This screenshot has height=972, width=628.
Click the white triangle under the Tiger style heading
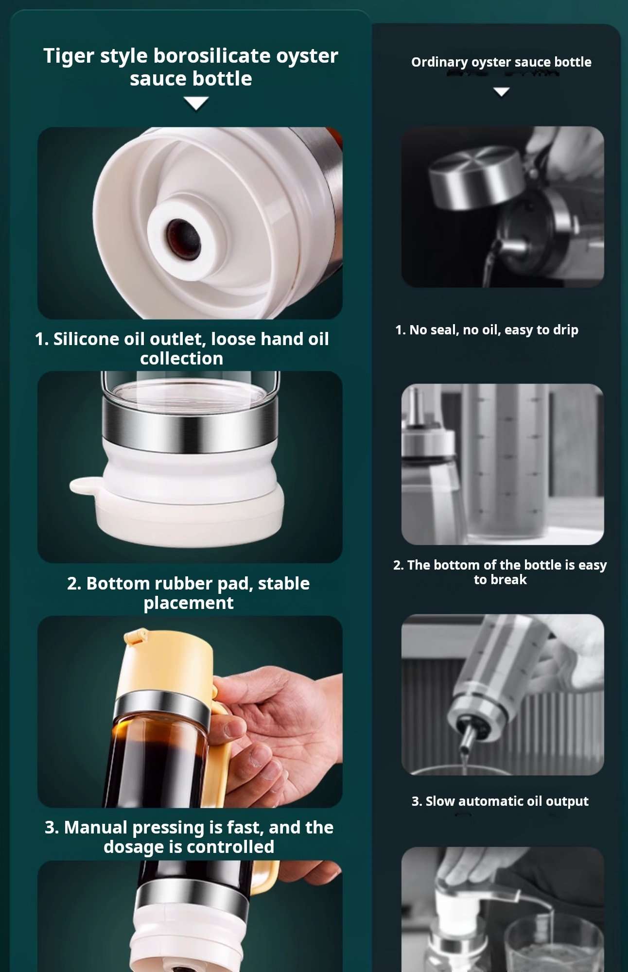pos(196,103)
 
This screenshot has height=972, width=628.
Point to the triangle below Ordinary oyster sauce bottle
pos(501,92)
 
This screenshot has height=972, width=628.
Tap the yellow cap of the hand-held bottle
pos(168,666)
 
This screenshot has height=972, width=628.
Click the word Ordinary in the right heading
pos(433,63)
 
